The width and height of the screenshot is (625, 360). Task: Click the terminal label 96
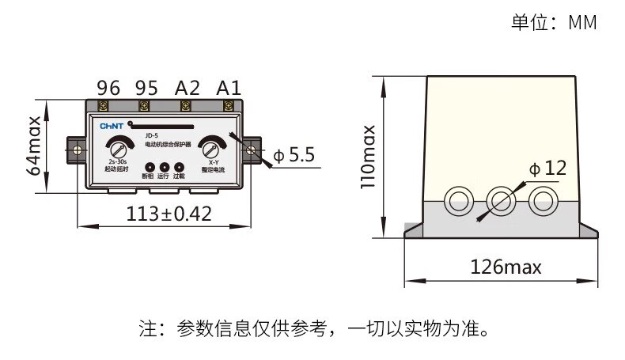pyautogui.click(x=108, y=87)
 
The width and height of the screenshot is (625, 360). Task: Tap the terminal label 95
pyautogui.click(x=146, y=87)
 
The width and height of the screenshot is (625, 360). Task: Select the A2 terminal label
pyautogui.click(x=187, y=87)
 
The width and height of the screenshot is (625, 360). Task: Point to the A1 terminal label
pyautogui.click(x=229, y=87)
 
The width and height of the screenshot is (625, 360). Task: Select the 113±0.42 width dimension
pyautogui.click(x=169, y=214)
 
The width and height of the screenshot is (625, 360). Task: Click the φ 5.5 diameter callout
pyautogui.click(x=294, y=155)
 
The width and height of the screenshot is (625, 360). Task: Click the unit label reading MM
pyautogui.click(x=582, y=22)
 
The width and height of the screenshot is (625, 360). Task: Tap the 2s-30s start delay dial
pyautogui.click(x=117, y=149)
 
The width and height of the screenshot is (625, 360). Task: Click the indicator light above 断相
pyautogui.click(x=147, y=168)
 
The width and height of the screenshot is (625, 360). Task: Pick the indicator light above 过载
pyautogui.click(x=179, y=168)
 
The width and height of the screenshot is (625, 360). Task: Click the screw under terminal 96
pyautogui.click(x=103, y=106)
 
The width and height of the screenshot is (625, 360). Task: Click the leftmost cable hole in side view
pyautogui.click(x=457, y=201)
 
